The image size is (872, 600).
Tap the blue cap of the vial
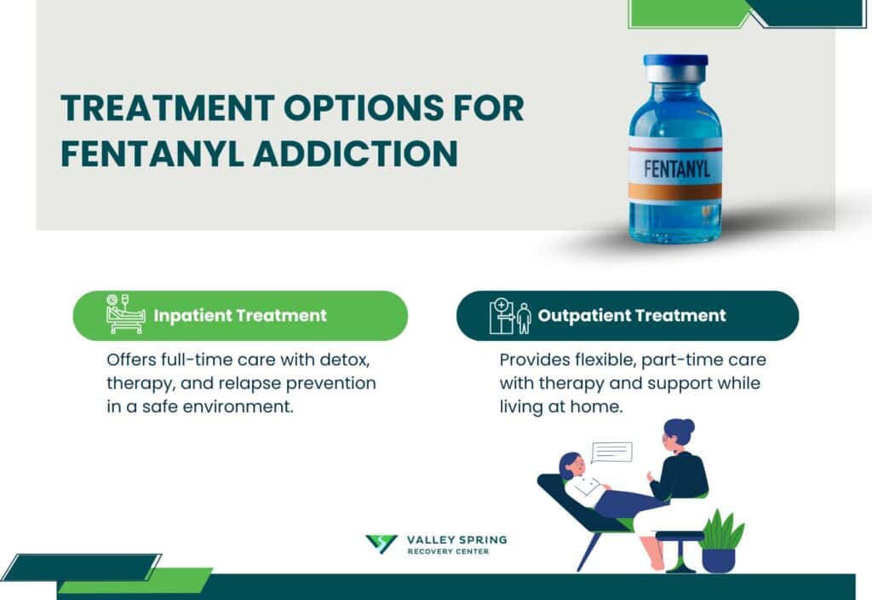675,61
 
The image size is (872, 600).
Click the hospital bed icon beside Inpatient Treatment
125,314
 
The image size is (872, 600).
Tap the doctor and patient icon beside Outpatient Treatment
509,315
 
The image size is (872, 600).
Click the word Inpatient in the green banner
192,315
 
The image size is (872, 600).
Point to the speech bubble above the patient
611,452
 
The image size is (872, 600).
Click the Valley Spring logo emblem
381,545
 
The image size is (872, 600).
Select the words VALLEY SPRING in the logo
456,540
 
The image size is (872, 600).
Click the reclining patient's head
570,466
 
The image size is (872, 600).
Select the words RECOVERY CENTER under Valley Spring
448,552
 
